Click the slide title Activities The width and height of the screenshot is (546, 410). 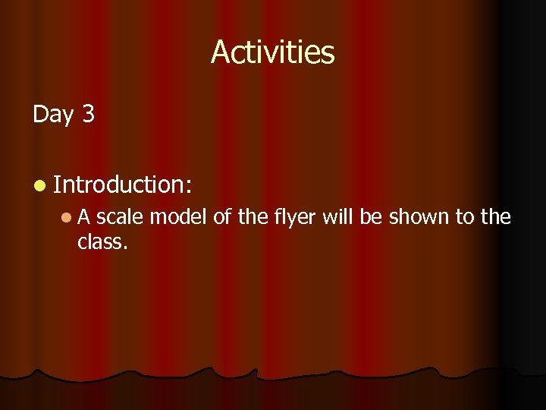coord(272,52)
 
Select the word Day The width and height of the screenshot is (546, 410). coord(52,115)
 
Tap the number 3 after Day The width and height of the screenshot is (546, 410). coord(88,114)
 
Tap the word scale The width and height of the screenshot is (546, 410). coord(120,217)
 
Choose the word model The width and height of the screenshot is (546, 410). coord(179,217)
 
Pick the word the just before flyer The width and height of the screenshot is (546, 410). coord(253,217)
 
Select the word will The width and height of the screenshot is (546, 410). coord(339,217)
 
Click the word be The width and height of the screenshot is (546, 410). coord(372,217)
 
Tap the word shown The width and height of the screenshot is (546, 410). coord(419,217)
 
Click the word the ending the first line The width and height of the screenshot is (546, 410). coord(496,217)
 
